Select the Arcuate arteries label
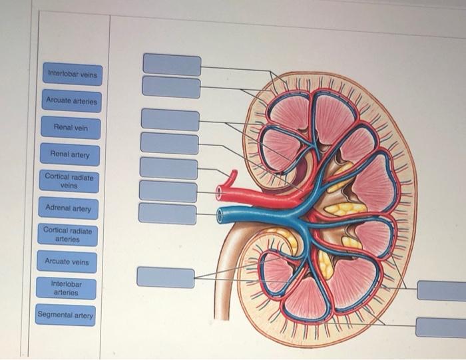coord(71,101)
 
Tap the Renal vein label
coord(70,127)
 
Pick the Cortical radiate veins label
coord(69,182)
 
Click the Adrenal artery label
coord(68,209)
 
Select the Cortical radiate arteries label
coord(67,234)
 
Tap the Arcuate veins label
coord(67,262)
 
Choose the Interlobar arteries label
coord(66,288)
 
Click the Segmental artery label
coord(65,315)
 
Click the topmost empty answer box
coord(172,65)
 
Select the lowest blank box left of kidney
coord(166,277)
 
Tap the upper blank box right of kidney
coord(441,291)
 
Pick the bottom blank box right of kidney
coord(440,327)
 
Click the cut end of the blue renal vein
coord(221,216)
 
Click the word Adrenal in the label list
coord(58,209)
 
